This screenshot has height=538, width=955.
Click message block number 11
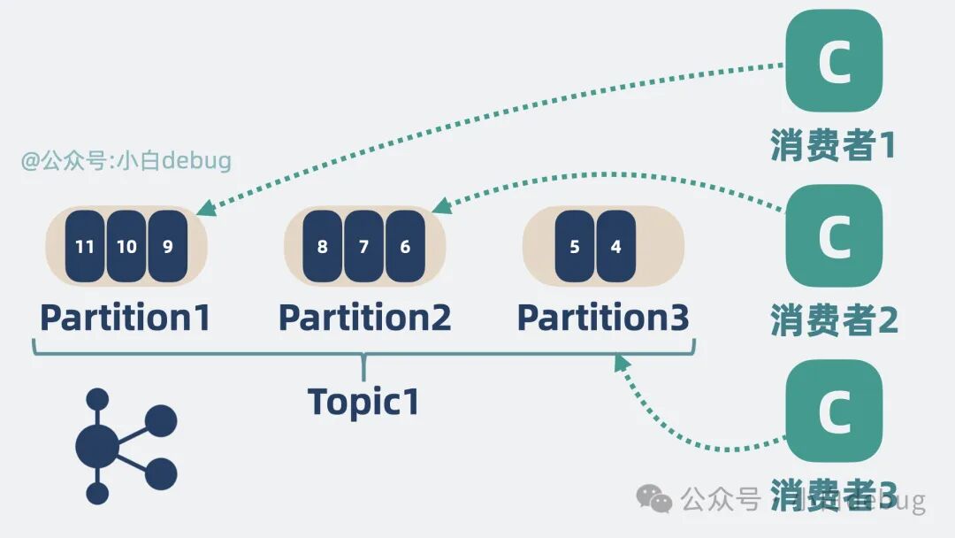84,247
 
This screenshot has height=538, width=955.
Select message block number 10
126,247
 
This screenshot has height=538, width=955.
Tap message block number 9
168,247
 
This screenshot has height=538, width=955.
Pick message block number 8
322,247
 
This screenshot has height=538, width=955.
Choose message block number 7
363,247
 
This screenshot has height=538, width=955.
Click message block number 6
405,247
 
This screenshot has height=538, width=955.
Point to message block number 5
575,247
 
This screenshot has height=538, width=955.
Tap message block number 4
616,247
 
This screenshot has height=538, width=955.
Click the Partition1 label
126,318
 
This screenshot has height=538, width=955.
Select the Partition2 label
364,318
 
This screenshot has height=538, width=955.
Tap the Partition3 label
603,318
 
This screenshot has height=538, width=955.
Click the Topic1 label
363,402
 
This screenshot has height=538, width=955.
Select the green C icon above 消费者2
834,235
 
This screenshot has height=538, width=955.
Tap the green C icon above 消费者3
834,411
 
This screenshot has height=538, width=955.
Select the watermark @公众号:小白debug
126,161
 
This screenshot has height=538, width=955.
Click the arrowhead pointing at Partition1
206,208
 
